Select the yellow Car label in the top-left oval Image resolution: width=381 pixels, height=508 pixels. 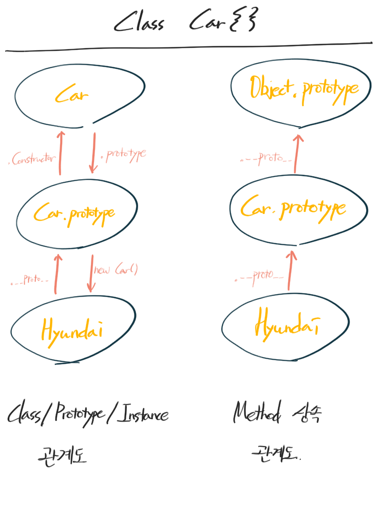(x=72, y=95)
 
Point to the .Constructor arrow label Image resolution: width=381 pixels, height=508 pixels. (x=32, y=160)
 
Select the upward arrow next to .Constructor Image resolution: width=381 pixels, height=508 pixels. (x=61, y=153)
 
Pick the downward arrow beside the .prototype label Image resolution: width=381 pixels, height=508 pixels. (x=94, y=153)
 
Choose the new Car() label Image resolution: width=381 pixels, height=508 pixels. (x=116, y=269)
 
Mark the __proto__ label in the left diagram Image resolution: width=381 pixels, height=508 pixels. (x=30, y=281)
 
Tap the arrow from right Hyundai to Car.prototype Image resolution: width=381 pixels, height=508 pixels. (x=292, y=269)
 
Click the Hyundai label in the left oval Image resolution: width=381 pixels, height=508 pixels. (x=72, y=329)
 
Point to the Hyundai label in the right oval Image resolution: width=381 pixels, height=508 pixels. (x=285, y=323)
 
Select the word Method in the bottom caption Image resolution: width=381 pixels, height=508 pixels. (x=257, y=412)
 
